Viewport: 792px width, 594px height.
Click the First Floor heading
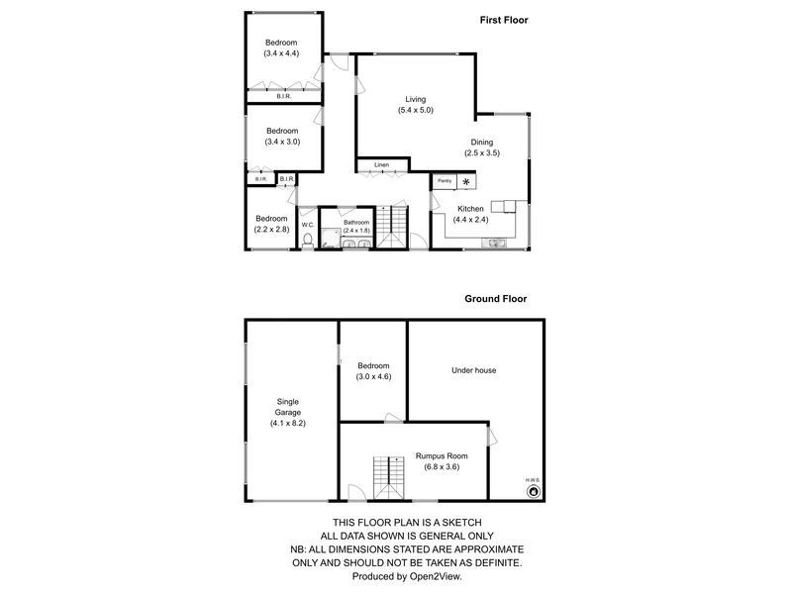coord(502,19)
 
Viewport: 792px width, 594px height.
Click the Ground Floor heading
coord(496,298)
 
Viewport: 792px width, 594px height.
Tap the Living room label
coord(415,99)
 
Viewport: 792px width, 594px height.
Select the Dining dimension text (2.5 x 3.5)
coord(482,153)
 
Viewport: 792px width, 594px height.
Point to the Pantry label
coord(444,181)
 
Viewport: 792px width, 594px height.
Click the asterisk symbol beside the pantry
coord(465,182)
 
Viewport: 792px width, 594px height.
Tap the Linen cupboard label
coord(382,164)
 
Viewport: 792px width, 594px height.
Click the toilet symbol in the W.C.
coord(309,239)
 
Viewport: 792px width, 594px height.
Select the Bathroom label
coord(356,223)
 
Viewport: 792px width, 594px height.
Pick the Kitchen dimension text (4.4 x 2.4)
coord(470,220)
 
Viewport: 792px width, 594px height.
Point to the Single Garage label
coord(288,412)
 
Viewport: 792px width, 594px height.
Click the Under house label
coord(473,370)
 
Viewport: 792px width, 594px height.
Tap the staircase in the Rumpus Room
coord(390,478)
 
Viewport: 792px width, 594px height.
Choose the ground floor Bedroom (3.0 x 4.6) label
coord(373,371)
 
